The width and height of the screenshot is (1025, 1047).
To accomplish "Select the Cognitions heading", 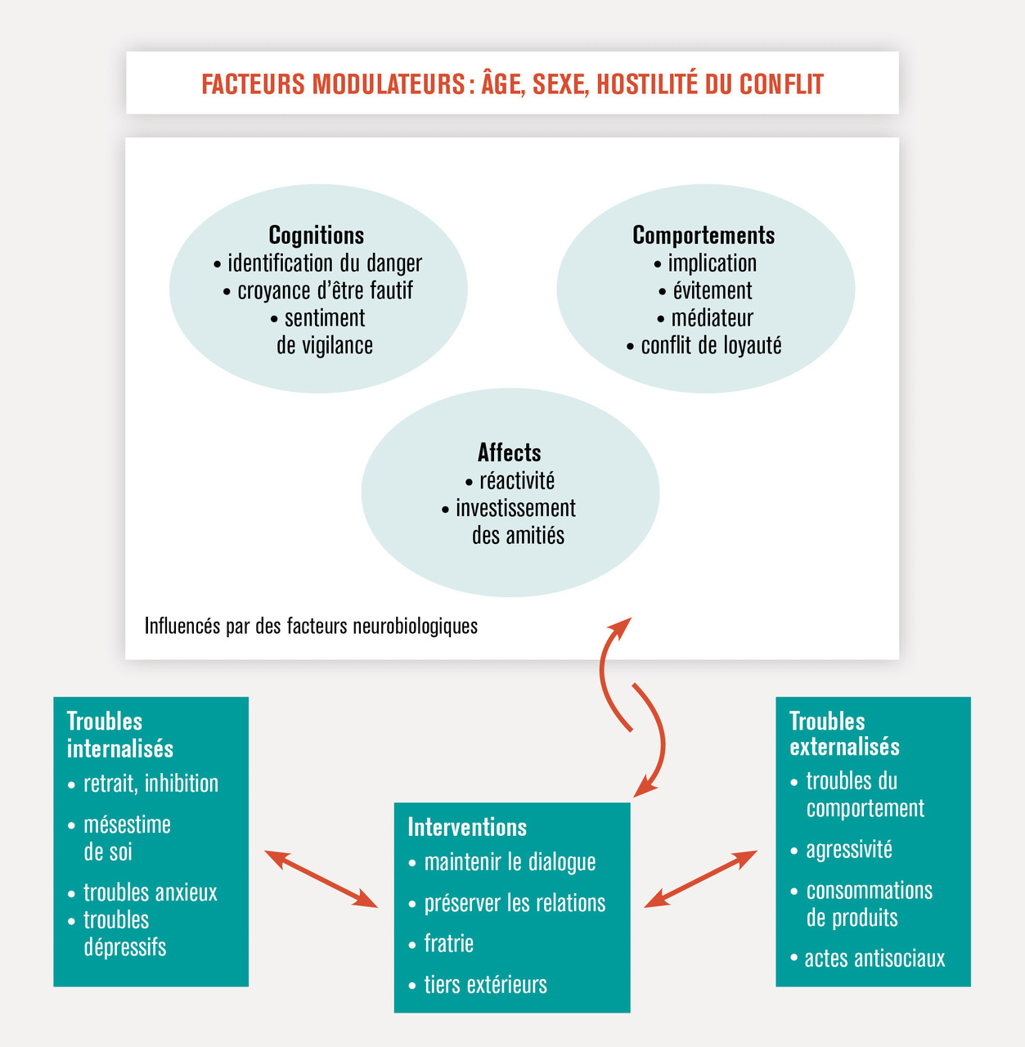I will pyautogui.click(x=317, y=236).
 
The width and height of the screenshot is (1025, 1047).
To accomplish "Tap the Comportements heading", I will pyautogui.click(x=704, y=236).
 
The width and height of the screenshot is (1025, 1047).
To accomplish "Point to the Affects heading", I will pyautogui.click(x=509, y=453).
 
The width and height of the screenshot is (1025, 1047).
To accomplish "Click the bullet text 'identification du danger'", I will pyautogui.click(x=325, y=263).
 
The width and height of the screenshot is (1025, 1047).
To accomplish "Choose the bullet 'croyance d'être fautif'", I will pyautogui.click(x=325, y=291).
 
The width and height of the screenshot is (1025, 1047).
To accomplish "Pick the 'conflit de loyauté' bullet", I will pyautogui.click(x=711, y=345).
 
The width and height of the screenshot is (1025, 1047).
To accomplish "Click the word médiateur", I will pyautogui.click(x=712, y=318).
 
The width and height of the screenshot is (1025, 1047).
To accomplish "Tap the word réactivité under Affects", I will pyautogui.click(x=516, y=481).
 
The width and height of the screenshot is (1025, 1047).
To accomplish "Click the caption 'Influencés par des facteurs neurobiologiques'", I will pyautogui.click(x=311, y=627).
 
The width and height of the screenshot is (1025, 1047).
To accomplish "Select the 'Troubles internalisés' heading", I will pyautogui.click(x=119, y=735).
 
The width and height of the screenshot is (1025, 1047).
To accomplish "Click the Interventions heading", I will pyautogui.click(x=467, y=827).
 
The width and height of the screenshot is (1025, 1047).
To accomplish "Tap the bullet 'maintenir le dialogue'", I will pyautogui.click(x=510, y=862).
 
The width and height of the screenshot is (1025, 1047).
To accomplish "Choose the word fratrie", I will pyautogui.click(x=448, y=944).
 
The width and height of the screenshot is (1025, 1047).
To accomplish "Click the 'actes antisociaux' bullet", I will pyautogui.click(x=874, y=959).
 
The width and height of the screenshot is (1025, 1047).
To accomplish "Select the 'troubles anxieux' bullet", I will pyautogui.click(x=150, y=892).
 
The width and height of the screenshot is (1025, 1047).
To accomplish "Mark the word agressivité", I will pyautogui.click(x=848, y=850).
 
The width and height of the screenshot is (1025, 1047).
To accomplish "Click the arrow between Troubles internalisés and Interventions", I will pyautogui.click(x=321, y=878).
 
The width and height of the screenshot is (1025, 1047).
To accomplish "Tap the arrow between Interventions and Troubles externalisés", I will pyautogui.click(x=700, y=878).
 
